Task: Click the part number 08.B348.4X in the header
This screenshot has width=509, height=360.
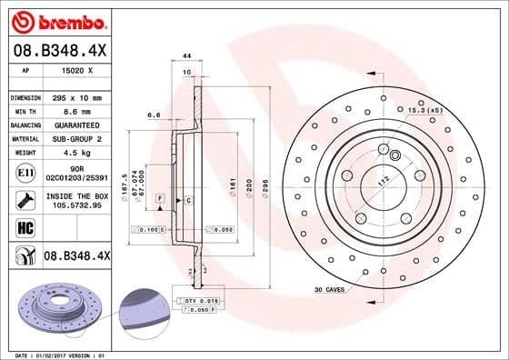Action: (x=58, y=50)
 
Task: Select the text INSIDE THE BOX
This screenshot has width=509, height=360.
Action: (x=76, y=196)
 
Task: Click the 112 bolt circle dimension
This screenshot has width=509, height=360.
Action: (x=383, y=180)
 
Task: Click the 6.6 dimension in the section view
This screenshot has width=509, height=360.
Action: (x=154, y=115)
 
